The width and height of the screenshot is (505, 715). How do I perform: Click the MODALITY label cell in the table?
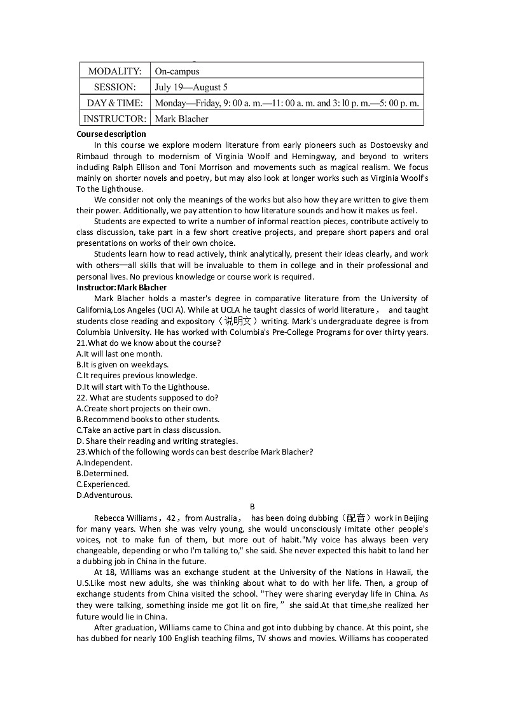[114, 71]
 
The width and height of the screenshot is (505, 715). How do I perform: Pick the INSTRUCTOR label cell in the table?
[114, 118]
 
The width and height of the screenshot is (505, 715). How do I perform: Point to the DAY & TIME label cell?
[114, 103]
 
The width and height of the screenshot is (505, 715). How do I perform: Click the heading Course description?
[111, 134]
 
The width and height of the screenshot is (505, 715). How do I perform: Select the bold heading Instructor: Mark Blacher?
[121, 287]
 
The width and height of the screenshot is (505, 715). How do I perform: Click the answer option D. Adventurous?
[104, 495]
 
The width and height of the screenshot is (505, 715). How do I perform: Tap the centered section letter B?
[252, 507]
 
